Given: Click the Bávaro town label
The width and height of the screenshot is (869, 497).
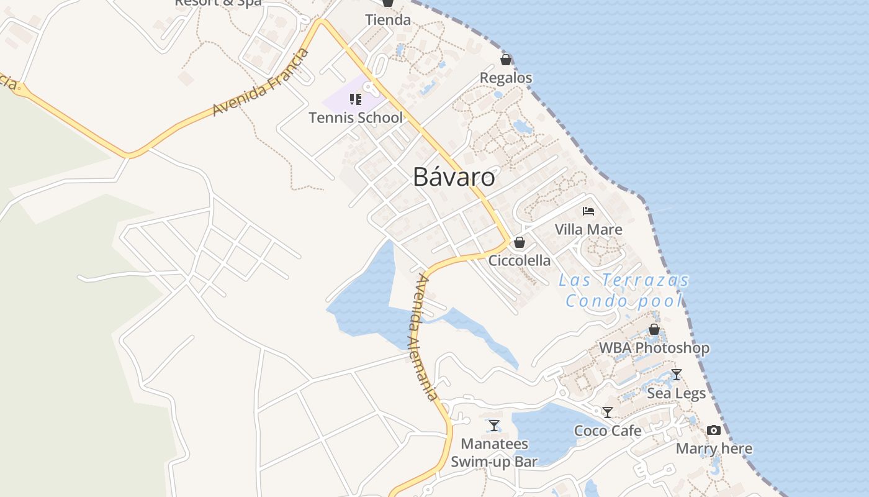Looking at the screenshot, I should click(x=454, y=178).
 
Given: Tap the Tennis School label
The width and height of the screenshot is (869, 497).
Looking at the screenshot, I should click(x=356, y=117).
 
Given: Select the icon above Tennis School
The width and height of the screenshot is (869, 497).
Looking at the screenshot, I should click(x=356, y=99).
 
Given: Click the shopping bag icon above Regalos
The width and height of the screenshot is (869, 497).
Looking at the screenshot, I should click(x=506, y=60).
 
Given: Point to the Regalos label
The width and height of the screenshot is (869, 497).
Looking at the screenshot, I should click(x=506, y=78).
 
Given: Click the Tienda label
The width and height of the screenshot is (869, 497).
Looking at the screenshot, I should click(x=388, y=20).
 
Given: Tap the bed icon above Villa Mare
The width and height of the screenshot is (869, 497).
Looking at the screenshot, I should click(x=588, y=211).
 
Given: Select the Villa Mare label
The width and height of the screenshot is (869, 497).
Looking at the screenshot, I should click(x=588, y=229).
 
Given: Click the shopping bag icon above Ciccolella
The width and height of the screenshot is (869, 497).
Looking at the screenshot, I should click(x=520, y=242).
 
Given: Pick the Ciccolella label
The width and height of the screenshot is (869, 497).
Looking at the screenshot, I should click(x=520, y=260).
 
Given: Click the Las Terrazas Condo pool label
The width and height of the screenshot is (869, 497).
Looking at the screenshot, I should click(x=624, y=290).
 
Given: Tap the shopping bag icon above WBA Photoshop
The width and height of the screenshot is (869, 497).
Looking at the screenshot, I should click(x=654, y=329).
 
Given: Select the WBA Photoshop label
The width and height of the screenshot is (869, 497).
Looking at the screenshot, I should click(x=654, y=348).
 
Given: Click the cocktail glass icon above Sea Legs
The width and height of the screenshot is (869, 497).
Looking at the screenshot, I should click(x=677, y=375).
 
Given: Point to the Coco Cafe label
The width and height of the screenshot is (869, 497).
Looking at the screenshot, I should click(x=608, y=431).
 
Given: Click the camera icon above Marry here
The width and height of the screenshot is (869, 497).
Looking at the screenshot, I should click(x=714, y=430).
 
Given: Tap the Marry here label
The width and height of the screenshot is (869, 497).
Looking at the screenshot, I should click(x=714, y=449).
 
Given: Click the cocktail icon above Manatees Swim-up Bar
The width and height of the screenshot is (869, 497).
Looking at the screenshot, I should click(x=494, y=426).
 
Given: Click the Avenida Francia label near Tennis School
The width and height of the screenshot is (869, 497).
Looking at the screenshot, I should click(x=261, y=82).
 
